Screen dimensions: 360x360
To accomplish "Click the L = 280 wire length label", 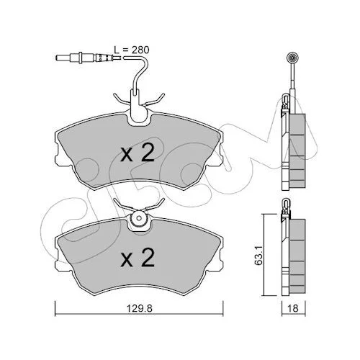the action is (x=131, y=50).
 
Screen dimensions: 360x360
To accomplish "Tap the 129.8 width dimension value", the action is (x=140, y=308).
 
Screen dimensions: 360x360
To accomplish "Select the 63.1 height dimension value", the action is (x=258, y=255).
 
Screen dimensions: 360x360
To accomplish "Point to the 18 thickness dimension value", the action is (x=293, y=308).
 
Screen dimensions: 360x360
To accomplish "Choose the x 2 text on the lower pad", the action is (x=138, y=258).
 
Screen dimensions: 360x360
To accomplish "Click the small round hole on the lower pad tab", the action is (x=139, y=218).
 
